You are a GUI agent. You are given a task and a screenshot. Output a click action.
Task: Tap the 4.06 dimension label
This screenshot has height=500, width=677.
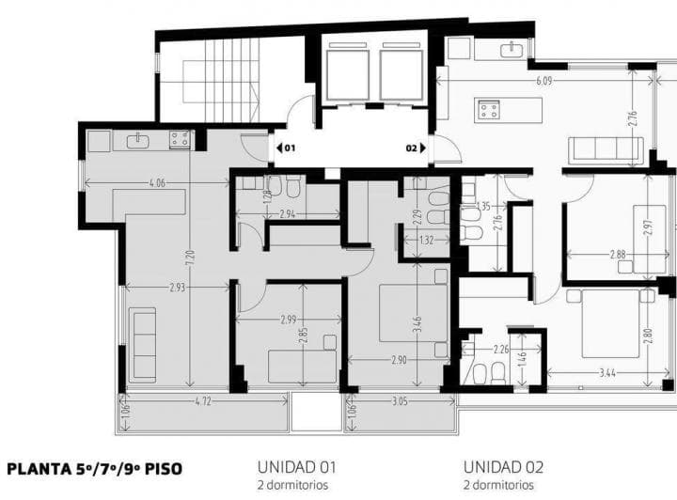(x=156, y=183)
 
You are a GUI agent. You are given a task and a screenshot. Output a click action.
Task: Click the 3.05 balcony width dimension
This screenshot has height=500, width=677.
(x=400, y=400)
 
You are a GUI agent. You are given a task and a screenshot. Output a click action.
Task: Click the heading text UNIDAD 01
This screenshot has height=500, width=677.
(x=296, y=466)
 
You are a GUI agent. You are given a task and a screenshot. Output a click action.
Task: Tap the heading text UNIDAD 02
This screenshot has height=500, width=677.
(x=503, y=466)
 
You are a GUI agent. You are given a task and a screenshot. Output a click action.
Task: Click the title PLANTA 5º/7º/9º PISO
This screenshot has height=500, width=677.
(x=95, y=468)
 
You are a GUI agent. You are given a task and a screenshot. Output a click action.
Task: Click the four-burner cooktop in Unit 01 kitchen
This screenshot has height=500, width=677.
(x=179, y=140)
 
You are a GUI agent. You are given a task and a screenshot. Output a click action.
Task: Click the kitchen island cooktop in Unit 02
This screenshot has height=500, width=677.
(x=489, y=110)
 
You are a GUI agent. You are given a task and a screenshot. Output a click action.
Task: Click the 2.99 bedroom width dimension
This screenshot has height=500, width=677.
(x=289, y=320)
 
